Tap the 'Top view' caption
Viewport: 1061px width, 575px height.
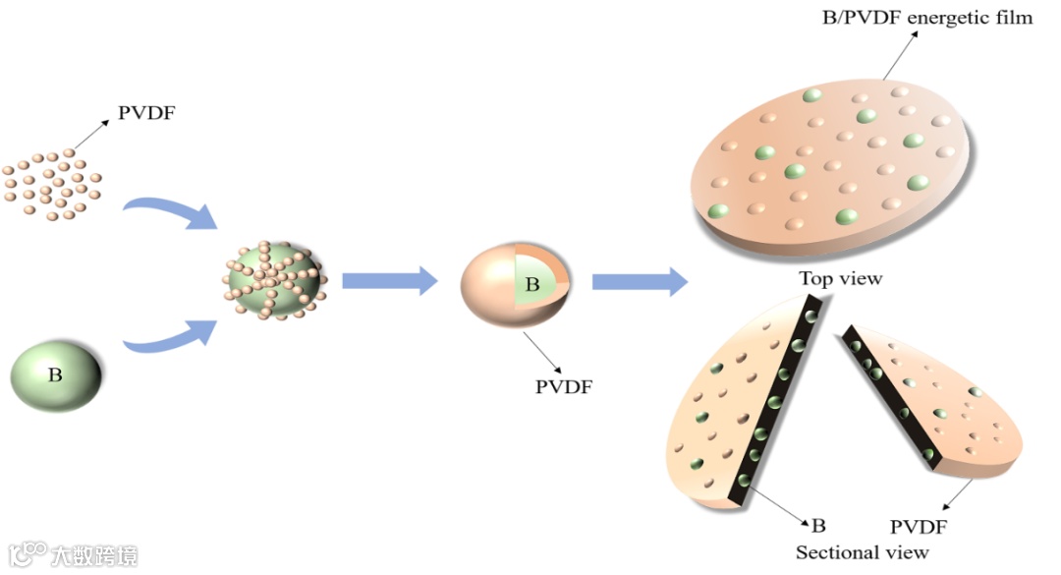(x=840, y=278)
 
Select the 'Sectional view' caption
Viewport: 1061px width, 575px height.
(x=862, y=552)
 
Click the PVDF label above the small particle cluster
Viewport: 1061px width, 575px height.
(x=146, y=112)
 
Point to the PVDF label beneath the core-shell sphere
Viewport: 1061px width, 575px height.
(x=563, y=385)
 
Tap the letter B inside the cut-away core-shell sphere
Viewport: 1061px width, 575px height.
(x=532, y=285)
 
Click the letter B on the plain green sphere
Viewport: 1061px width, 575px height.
(x=55, y=374)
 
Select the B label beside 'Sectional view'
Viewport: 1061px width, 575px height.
(x=817, y=524)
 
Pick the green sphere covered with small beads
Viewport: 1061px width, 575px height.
(x=275, y=281)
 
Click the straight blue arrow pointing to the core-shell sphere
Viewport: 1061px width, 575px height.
(x=389, y=281)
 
